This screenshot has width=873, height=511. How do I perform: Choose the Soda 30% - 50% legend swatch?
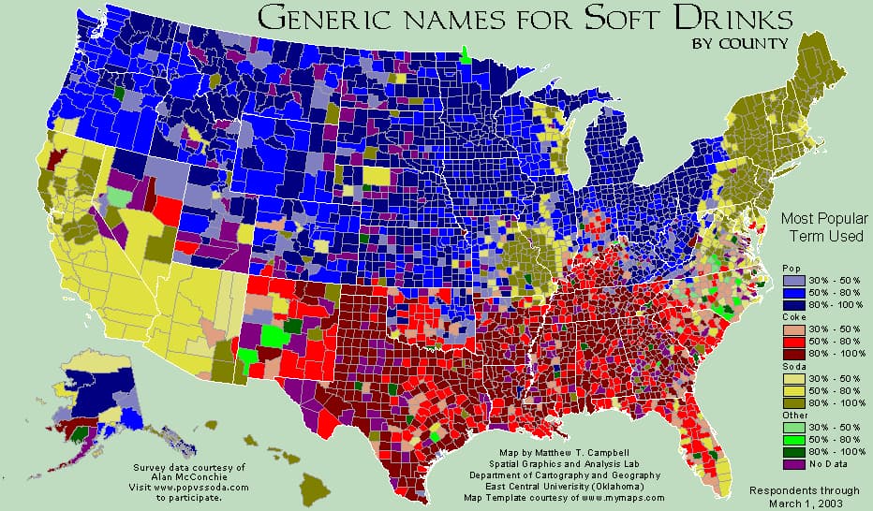tap(792, 377)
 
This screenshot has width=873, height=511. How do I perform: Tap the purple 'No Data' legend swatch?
tap(792, 463)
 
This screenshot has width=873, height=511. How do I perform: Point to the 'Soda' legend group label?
tap(792, 366)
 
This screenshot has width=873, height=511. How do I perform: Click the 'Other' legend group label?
tap(793, 414)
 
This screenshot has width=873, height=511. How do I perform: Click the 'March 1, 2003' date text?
tap(805, 502)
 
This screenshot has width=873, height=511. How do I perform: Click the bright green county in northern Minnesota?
tap(465, 54)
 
